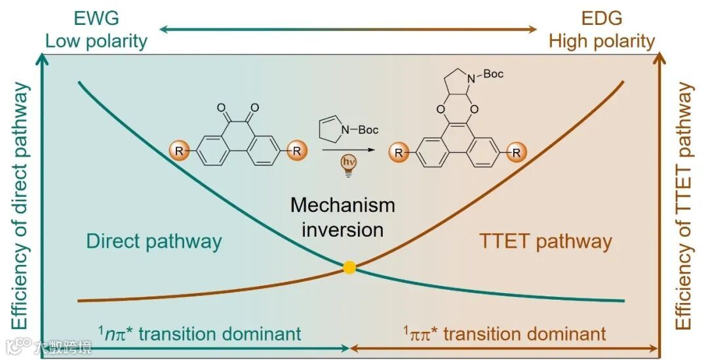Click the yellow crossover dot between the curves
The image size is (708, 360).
[x=349, y=267]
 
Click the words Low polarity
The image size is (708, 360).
[x=96, y=41]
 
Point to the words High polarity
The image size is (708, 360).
[x=602, y=41]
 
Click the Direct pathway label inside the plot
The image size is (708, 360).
[x=154, y=241]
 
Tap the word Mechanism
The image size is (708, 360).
[x=343, y=205]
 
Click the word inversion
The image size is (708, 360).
[x=343, y=230]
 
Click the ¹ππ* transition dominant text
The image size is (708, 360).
[x=505, y=334]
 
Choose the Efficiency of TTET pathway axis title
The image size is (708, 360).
[x=685, y=207]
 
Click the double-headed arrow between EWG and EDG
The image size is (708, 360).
[x=348, y=29]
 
